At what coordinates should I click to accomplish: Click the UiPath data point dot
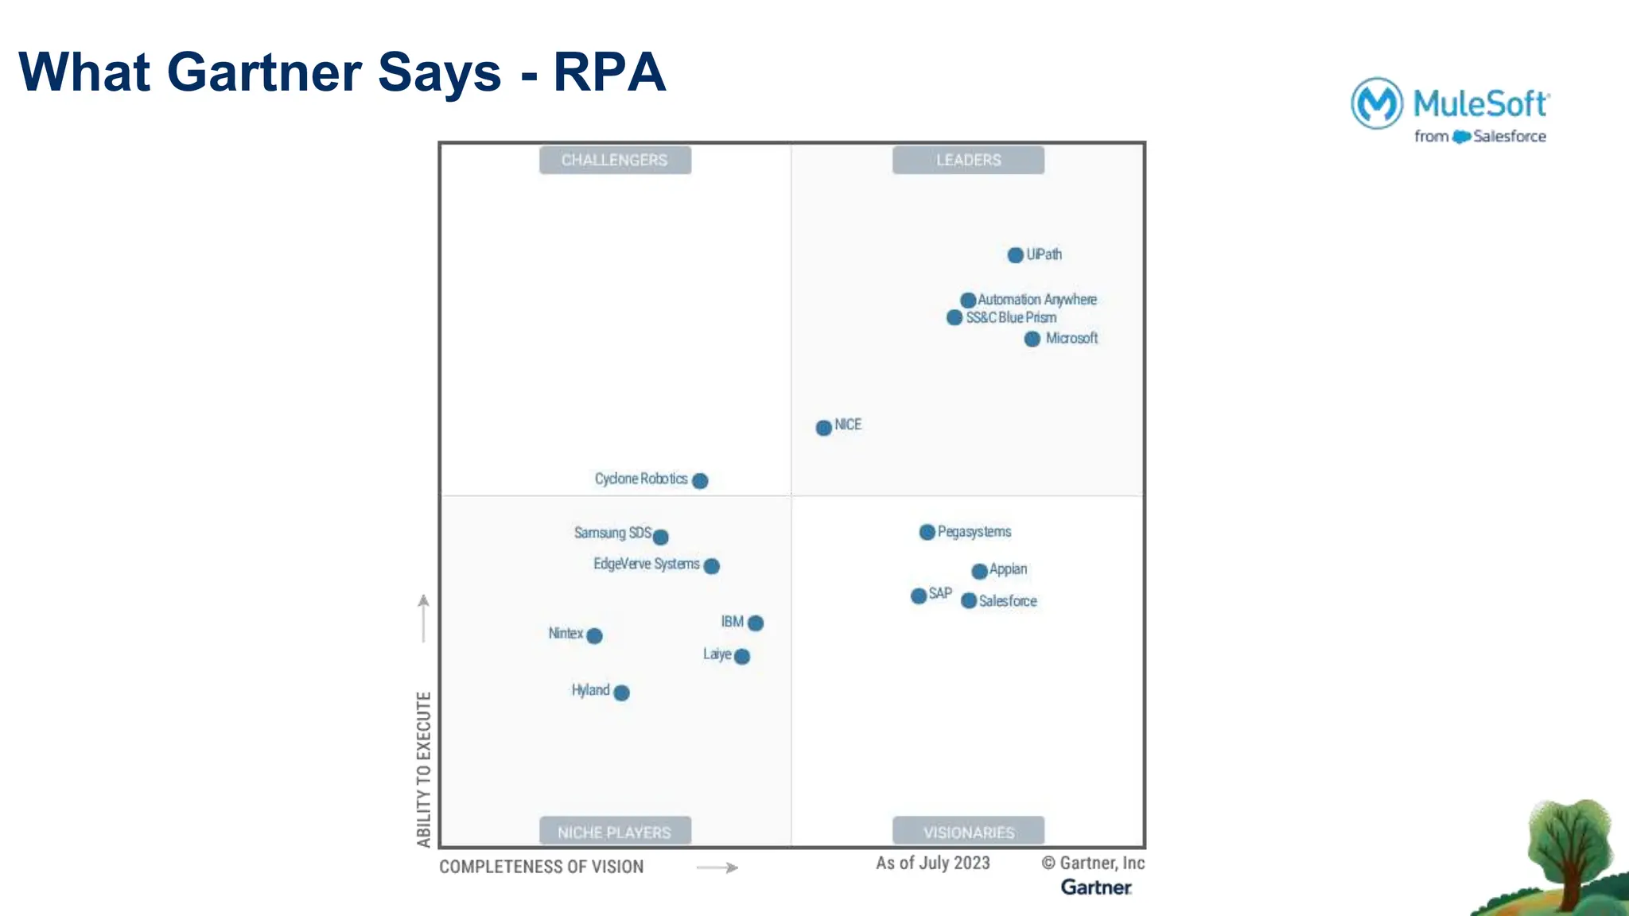(x=1015, y=255)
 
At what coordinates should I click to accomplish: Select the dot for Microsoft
(x=1032, y=340)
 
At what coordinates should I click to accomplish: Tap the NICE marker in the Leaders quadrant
(x=824, y=428)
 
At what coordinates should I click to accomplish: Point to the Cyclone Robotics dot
(x=700, y=481)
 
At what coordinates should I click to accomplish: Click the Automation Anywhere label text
(x=1036, y=300)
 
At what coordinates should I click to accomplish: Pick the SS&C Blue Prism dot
(x=954, y=318)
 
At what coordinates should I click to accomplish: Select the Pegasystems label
(x=974, y=532)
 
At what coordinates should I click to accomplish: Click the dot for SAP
(x=919, y=596)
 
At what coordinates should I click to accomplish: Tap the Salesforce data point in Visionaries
(x=969, y=601)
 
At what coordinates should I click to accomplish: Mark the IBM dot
(x=756, y=623)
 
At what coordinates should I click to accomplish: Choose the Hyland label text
(x=590, y=690)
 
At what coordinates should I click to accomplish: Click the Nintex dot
(x=594, y=636)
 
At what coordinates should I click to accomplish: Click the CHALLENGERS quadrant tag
(x=614, y=160)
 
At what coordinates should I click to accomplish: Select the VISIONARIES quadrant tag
(x=968, y=832)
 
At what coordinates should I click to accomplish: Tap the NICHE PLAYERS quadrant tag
(x=614, y=832)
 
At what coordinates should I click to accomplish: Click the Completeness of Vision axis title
(x=542, y=867)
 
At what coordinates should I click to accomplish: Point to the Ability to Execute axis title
(x=424, y=768)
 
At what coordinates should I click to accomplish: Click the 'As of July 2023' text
(x=932, y=863)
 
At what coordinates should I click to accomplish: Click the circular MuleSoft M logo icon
(x=1376, y=103)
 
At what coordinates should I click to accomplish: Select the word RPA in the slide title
(x=608, y=72)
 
